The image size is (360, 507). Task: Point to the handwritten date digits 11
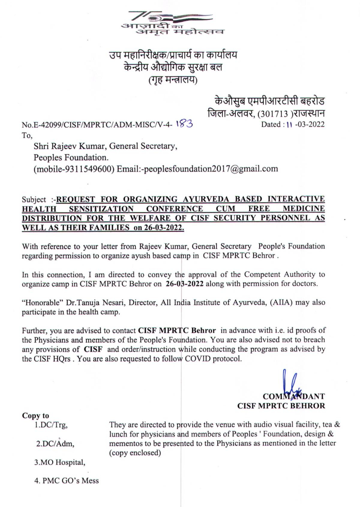tap(289, 124)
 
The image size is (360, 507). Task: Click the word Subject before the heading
tap(34, 200)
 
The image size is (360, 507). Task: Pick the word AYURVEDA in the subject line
tap(205, 199)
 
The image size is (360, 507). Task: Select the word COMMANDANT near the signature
tap(294, 396)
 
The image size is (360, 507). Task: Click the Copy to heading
tap(35, 416)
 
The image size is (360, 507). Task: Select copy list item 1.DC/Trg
tap(51, 425)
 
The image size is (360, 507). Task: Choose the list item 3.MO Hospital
tap(59, 462)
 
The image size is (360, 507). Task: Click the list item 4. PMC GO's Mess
tap(66, 481)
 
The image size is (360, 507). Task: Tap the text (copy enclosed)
tap(135, 453)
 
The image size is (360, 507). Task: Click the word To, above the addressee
tap(27, 136)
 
